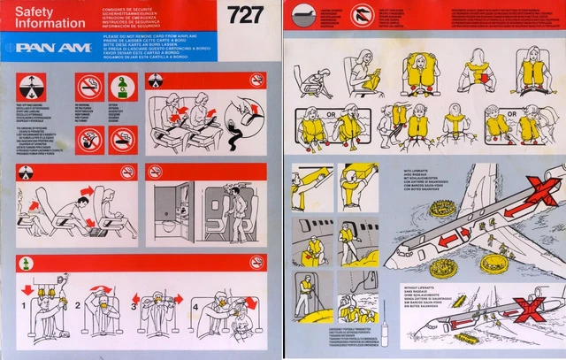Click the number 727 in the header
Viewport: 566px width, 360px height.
point(245,15)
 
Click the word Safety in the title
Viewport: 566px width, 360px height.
point(34,11)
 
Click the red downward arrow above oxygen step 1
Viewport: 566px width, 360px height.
point(27,289)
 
